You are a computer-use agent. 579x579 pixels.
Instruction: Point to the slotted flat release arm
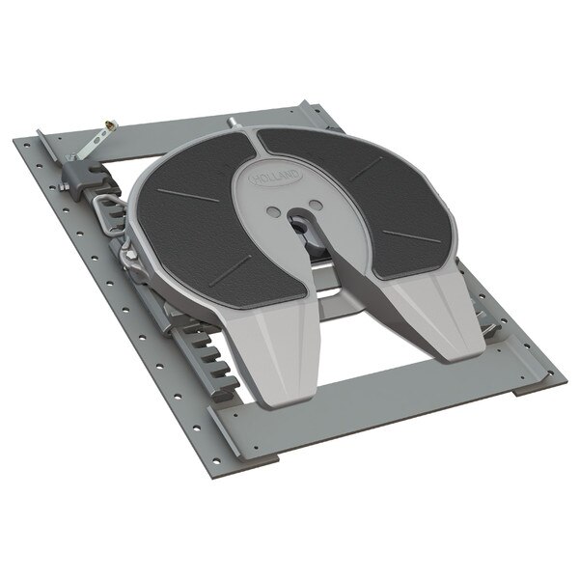point(91,146)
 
